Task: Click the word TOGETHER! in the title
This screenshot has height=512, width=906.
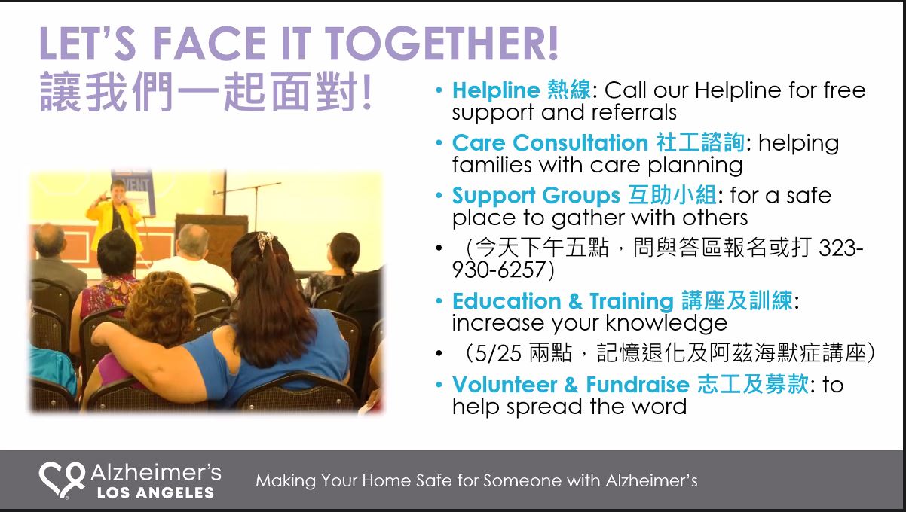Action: coord(442,43)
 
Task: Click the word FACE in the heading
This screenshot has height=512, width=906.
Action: coord(209,43)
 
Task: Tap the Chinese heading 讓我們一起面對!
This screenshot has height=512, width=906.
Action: coord(206,91)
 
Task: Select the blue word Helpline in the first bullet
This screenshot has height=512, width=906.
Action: coord(496,90)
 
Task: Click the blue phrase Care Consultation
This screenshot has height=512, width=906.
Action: coord(550,142)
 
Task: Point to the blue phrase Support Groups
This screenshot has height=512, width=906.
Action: coord(536,196)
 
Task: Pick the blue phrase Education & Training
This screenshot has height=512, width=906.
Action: coord(562,301)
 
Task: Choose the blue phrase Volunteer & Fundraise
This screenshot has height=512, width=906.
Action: coord(571,384)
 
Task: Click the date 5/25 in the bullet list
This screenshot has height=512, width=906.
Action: coord(497,354)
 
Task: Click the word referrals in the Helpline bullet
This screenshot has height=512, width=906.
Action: coord(634,112)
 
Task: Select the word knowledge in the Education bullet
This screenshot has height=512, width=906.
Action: coord(666,324)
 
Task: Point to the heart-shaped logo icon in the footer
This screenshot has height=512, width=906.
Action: coord(62,480)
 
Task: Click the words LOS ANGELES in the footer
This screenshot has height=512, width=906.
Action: coord(156,492)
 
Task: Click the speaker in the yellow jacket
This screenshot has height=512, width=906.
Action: coord(115,218)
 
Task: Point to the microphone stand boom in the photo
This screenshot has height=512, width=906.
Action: coord(246,188)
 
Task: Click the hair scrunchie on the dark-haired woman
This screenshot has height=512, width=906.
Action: coord(265,241)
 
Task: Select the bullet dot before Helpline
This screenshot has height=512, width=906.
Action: coord(439,90)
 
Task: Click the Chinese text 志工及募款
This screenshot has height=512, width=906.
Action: coord(753,384)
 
